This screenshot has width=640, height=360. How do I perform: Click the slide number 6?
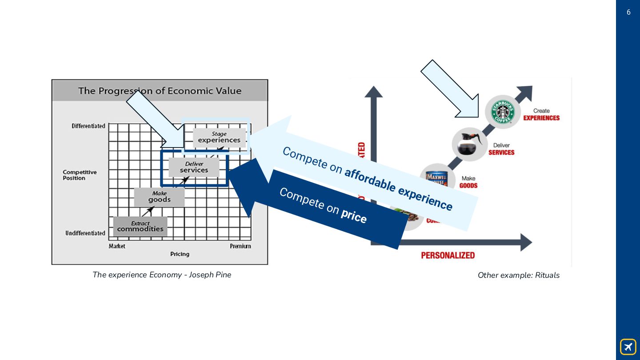click(628, 12)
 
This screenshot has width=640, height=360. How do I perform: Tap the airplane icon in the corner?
click(628, 347)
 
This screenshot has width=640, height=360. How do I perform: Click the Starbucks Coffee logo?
click(502, 112)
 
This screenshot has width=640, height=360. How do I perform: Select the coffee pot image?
click(470, 144)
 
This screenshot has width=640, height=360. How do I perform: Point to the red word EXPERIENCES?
click(541, 118)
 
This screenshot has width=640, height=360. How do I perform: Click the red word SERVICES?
click(501, 152)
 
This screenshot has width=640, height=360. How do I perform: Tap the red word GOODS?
click(468, 185)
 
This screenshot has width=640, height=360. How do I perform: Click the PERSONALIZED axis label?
click(448, 255)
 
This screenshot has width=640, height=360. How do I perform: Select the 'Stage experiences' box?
click(219, 137)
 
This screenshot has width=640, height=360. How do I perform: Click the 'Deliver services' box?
click(194, 168)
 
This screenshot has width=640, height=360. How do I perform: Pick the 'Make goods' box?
click(159, 197)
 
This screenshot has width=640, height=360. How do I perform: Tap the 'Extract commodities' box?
click(140, 227)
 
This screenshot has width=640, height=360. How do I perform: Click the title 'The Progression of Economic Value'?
click(160, 91)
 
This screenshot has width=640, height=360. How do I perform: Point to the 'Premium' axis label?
click(240, 246)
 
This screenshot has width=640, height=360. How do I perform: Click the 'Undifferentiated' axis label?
click(85, 233)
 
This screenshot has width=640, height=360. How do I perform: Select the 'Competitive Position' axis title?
click(80, 175)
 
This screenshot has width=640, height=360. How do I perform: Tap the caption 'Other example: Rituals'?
click(518, 275)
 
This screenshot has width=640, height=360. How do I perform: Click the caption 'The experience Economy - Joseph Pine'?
click(162, 275)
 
